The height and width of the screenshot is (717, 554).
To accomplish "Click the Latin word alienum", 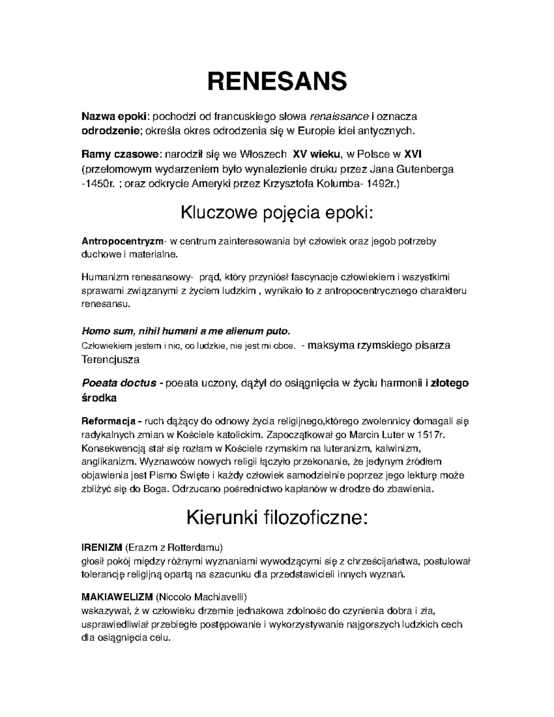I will click(x=243, y=331).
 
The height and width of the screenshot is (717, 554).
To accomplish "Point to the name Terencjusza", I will click(x=110, y=359).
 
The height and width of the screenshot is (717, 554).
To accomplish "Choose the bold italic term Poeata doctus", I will click(x=119, y=383).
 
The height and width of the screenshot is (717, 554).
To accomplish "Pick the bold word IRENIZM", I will click(x=102, y=548).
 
